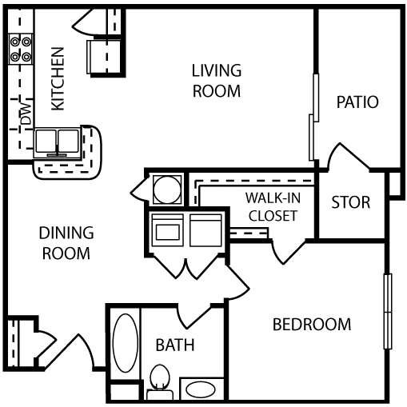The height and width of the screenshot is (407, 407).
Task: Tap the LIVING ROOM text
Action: (216, 80)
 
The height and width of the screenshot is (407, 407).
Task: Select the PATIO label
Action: (357, 102)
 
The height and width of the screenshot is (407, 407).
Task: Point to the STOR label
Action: (351, 202)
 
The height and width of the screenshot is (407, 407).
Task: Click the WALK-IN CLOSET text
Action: (273, 206)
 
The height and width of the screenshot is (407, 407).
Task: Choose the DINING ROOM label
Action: (66, 243)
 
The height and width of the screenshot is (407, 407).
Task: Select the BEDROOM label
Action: (312, 325)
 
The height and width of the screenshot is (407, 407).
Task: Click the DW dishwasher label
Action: (25, 112)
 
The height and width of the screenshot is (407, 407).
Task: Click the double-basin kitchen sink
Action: (58, 142)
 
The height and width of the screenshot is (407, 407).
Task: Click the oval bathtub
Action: (125, 345)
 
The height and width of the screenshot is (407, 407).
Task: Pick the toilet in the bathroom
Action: (160, 377)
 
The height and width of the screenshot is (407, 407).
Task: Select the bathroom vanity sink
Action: (200, 390)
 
